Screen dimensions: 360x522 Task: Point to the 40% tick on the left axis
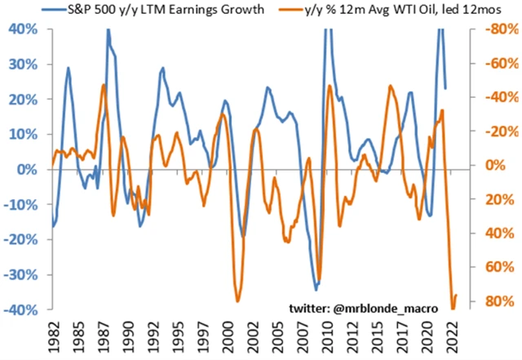click(x=19, y=29)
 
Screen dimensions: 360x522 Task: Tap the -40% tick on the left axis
click(x=17, y=310)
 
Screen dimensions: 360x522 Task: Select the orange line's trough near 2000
click(x=237, y=301)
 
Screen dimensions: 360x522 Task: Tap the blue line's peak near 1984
click(x=68, y=68)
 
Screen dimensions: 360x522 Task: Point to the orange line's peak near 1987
click(x=104, y=85)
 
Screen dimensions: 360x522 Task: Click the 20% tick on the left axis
click(x=19, y=99)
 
